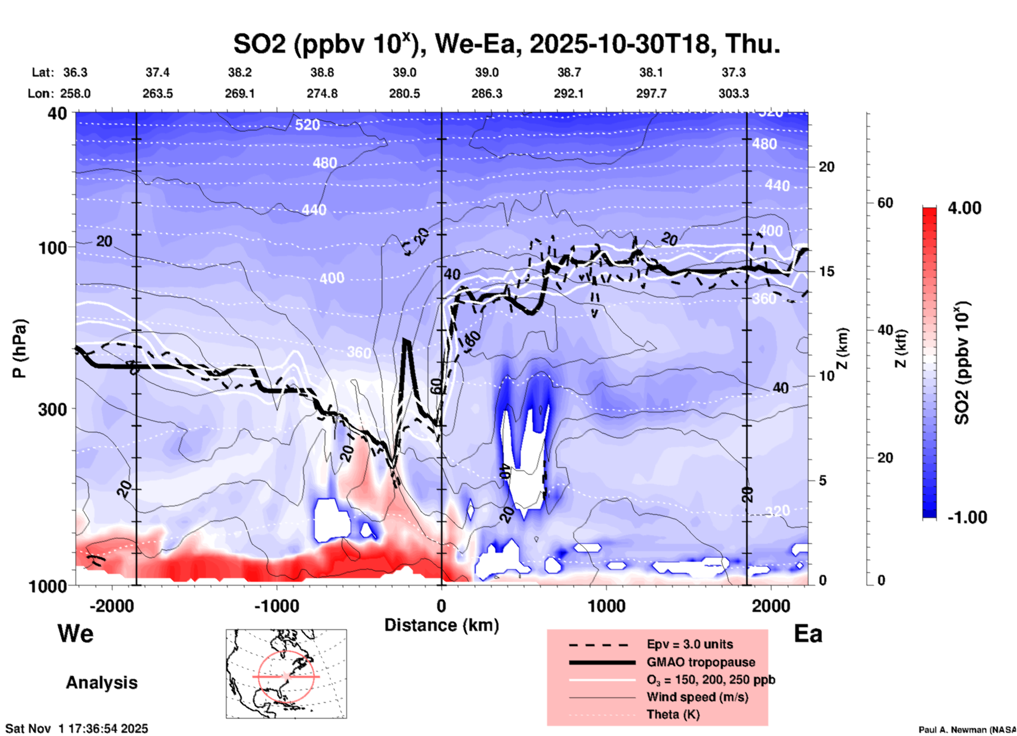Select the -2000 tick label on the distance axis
[x=112, y=606]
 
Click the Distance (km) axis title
[x=441, y=625]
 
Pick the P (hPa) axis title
[x=20, y=348]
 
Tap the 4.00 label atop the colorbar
[x=964, y=208]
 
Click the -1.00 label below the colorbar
[x=967, y=517]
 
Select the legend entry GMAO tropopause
[x=701, y=662]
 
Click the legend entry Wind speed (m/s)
[x=697, y=697]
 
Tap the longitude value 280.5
[x=404, y=93]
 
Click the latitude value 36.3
[x=76, y=72]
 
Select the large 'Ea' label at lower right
[x=808, y=634]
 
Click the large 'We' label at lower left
[x=76, y=633]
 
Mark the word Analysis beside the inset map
[x=101, y=682]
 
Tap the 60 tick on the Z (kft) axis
[x=885, y=203]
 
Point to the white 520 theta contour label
[x=307, y=125]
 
